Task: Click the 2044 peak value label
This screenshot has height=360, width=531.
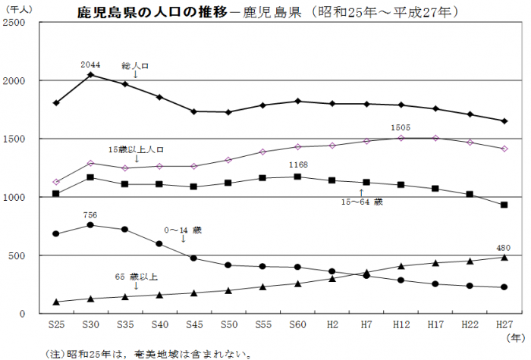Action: click(90, 64)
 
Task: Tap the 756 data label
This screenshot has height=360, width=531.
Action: click(90, 215)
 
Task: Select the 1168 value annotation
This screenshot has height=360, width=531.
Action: click(297, 164)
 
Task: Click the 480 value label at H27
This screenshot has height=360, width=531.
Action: click(504, 247)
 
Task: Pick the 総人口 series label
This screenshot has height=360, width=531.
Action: click(135, 66)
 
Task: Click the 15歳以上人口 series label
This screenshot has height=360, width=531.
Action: click(136, 149)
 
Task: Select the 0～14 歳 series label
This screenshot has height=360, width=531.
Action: click(182, 229)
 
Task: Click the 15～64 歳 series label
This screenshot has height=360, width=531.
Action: click(362, 202)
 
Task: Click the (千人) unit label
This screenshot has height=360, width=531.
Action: click(16, 8)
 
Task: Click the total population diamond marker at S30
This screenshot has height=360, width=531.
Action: click(90, 74)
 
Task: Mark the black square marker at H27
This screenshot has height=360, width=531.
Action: click(504, 205)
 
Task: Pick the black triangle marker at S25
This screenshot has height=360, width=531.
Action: click(56, 302)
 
